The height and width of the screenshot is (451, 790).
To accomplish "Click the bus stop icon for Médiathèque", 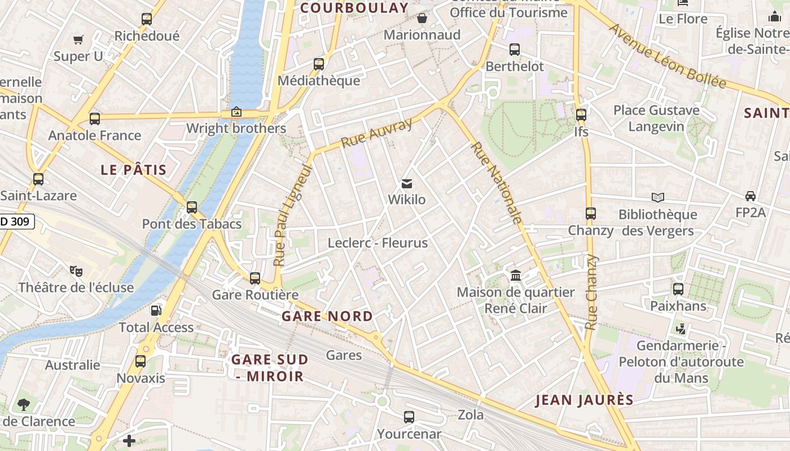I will point(319,64).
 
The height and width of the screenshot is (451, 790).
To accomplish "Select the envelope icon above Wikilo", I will point(406,183).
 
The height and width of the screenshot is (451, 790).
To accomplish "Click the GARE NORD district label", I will point(327,316).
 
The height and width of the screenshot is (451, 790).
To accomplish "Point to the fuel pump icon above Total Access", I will point(156,310).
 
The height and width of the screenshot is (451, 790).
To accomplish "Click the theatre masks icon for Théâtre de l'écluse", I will point(76,271).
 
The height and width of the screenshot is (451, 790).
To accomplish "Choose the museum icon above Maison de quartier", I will point(516,276).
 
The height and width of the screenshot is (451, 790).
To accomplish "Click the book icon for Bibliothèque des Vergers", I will point(658,197).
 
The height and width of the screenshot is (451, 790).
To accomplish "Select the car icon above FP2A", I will point(750,196).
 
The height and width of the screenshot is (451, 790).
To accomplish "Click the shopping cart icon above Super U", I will point(78,39).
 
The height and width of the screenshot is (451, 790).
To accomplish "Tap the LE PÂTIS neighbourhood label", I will point(134,170).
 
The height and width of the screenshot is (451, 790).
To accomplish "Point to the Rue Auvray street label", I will point(377,134).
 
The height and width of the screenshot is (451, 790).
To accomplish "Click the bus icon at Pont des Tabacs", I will point(192,207).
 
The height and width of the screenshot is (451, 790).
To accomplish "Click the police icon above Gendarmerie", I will point(681,328).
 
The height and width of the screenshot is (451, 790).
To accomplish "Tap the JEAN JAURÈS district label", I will point(585,400).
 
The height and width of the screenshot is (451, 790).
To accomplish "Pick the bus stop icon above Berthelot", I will point(515,49).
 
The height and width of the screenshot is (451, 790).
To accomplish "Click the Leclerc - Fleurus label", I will point(378,243).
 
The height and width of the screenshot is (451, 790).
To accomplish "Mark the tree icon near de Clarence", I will point(23,404).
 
